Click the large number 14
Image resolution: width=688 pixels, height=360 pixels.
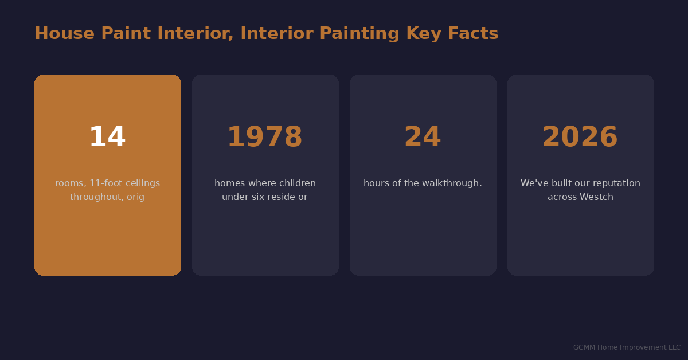coord(107,138)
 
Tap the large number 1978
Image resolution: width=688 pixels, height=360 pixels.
coord(265,138)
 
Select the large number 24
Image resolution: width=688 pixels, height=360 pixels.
coord(423,138)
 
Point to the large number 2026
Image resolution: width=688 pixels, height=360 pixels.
coord(580,138)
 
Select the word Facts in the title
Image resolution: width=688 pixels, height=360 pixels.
coord(473,34)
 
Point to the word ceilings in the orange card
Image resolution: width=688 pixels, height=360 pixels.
coord(143,183)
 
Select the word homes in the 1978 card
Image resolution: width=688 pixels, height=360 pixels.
coord(229,183)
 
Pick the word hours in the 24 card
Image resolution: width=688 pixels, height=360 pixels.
coord(377,183)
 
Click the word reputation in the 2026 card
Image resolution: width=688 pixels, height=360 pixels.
coord(613,183)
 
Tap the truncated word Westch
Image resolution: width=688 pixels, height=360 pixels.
coord(597,197)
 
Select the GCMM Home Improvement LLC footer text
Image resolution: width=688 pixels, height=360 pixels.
coord(627,347)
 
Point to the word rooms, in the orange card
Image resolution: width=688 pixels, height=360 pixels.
coord(70,183)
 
